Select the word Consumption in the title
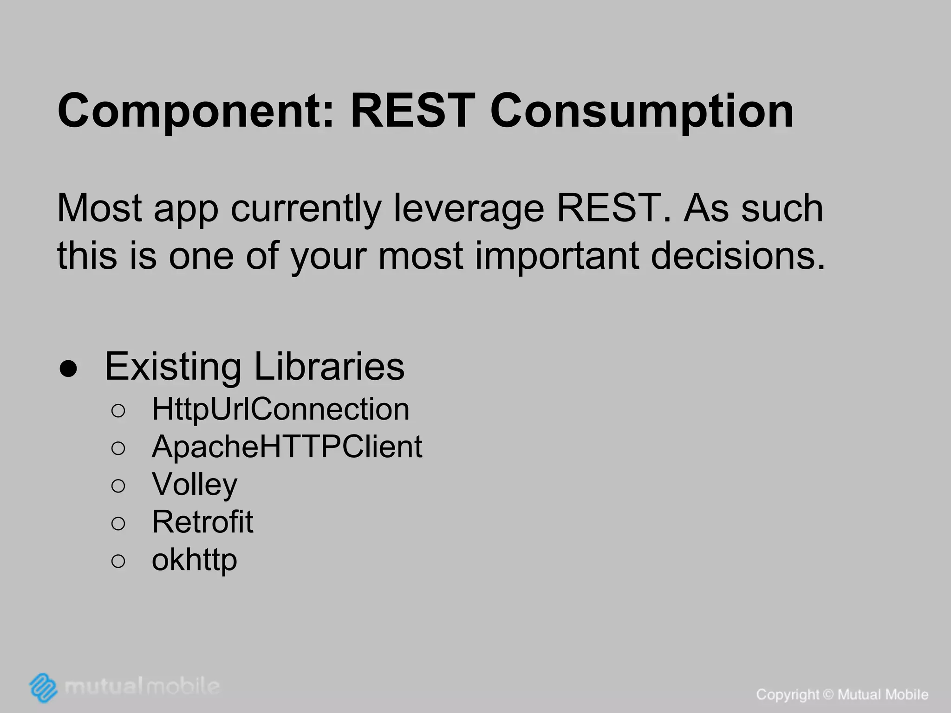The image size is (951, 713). pos(642,111)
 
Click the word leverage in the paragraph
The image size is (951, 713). pos(469,208)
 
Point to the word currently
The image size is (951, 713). pos(306,208)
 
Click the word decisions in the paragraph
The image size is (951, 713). pos(738,256)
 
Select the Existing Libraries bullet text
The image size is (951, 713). pos(255,367)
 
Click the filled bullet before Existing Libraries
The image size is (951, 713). pos(68,369)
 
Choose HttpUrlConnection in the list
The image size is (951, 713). pos(280,409)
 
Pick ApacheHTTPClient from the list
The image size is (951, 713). pos(287,447)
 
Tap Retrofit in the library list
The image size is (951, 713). pos(202,522)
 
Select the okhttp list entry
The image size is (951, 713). pos(195,560)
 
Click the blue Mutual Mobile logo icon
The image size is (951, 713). pos(43,687)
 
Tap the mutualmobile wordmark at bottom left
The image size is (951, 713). pos(142,686)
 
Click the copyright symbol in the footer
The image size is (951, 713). pos(828,695)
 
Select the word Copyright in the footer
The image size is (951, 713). pos(788,695)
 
